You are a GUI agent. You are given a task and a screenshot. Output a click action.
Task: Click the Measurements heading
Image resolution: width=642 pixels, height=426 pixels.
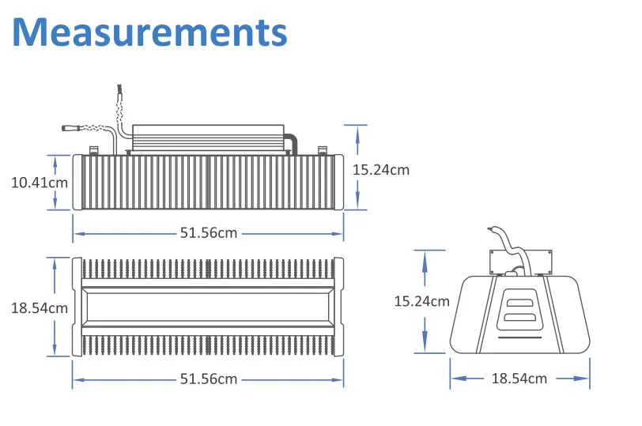pos(149,33)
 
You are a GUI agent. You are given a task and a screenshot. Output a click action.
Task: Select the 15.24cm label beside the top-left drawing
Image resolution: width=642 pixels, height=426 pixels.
pos(381,169)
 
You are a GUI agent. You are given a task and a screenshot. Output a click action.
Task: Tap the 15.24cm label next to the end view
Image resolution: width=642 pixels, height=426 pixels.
pos(422,300)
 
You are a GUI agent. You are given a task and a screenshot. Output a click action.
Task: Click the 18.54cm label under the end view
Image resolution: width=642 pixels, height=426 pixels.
pos(519,379)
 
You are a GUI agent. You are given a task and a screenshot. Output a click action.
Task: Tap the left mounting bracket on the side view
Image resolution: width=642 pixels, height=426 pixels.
pos(92,149)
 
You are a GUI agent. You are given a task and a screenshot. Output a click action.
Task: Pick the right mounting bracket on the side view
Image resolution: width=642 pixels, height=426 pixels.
pos(322,149)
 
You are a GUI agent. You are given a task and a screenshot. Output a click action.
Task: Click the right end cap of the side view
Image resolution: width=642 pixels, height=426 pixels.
pos(338,182)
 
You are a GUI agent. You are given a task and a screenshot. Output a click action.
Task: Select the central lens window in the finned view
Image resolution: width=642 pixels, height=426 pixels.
pos(207,306)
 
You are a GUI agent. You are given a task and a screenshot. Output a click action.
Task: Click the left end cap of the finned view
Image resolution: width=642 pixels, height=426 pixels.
pos(77,306)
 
